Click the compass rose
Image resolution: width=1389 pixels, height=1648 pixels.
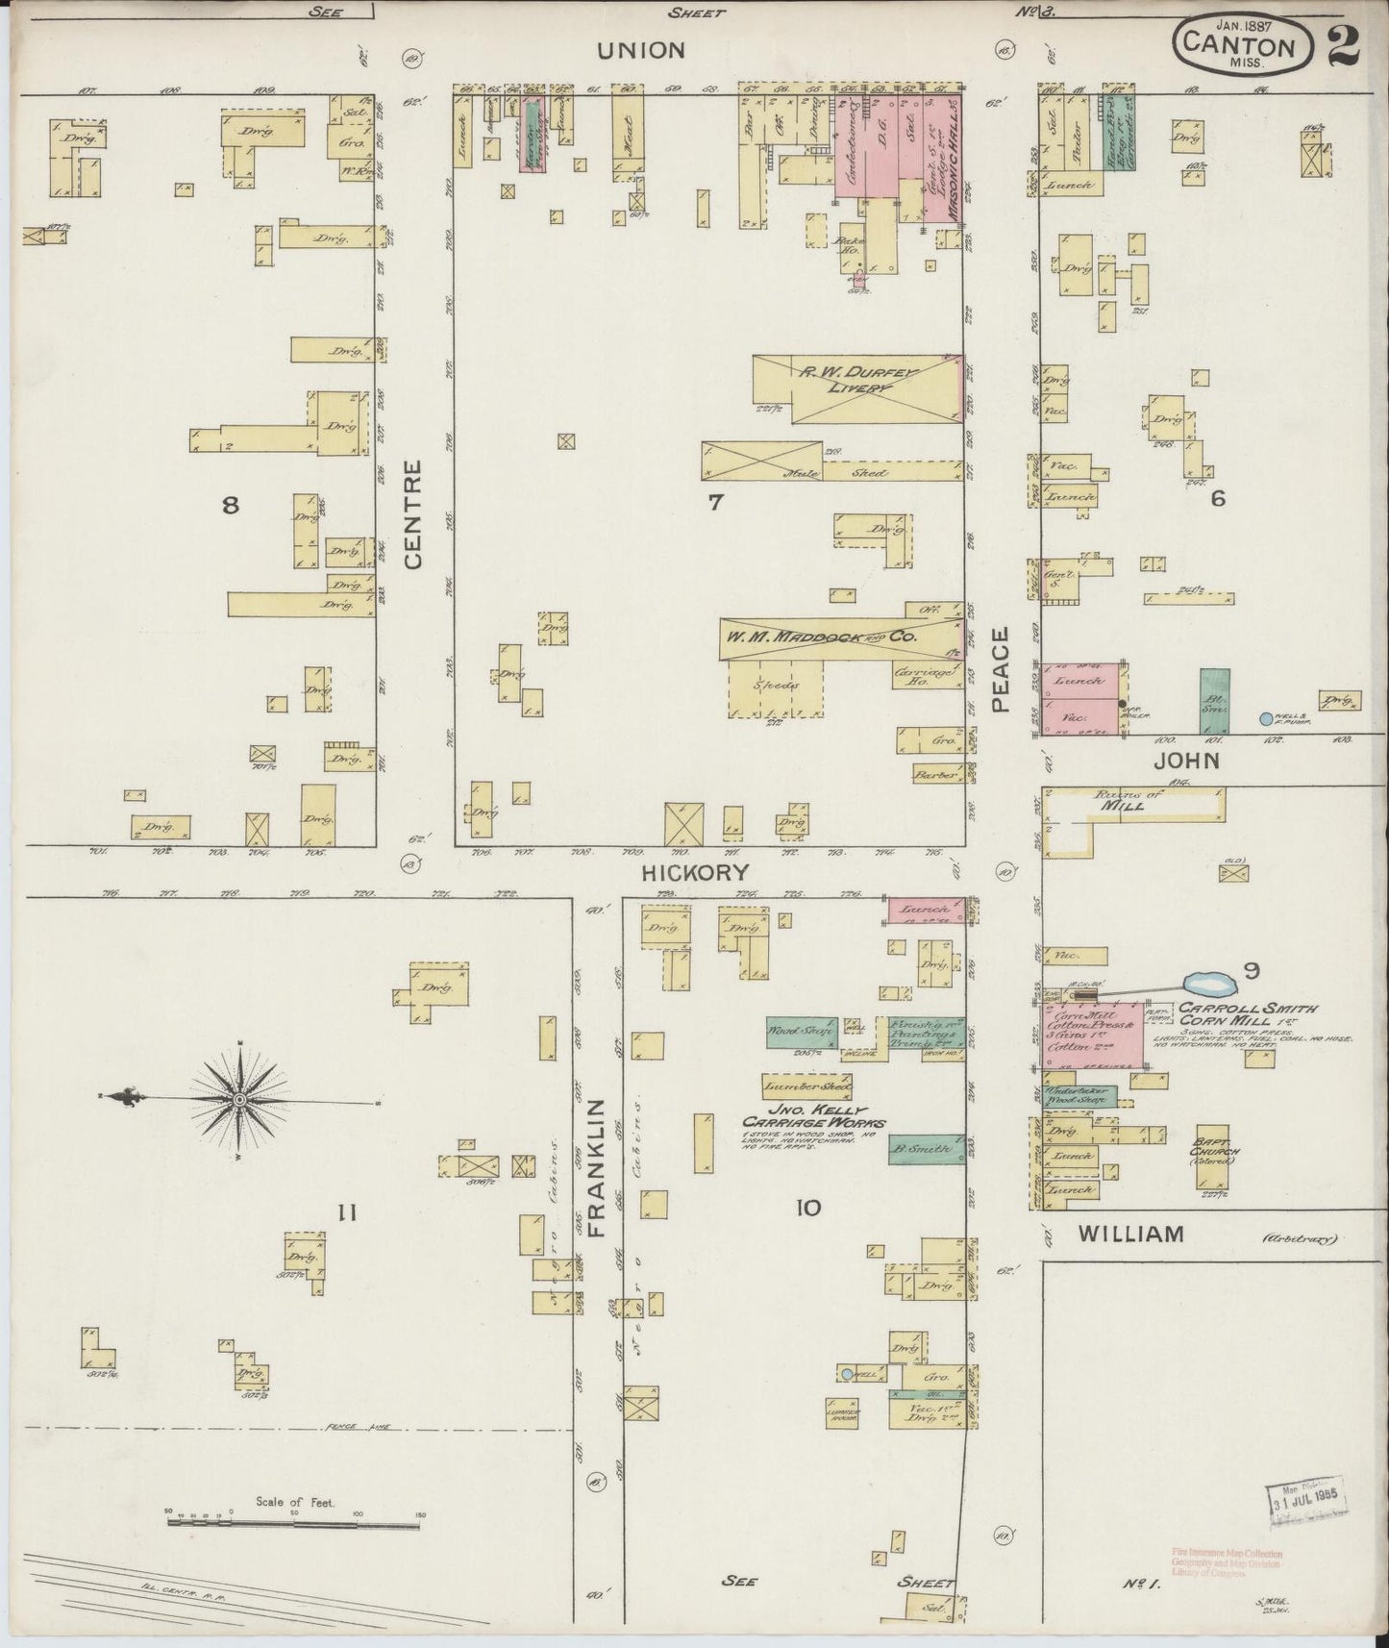click(238, 1099)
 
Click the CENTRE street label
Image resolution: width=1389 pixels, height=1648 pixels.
click(414, 513)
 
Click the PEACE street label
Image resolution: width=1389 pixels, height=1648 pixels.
click(1002, 669)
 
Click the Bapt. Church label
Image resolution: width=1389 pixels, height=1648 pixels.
click(1217, 1146)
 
